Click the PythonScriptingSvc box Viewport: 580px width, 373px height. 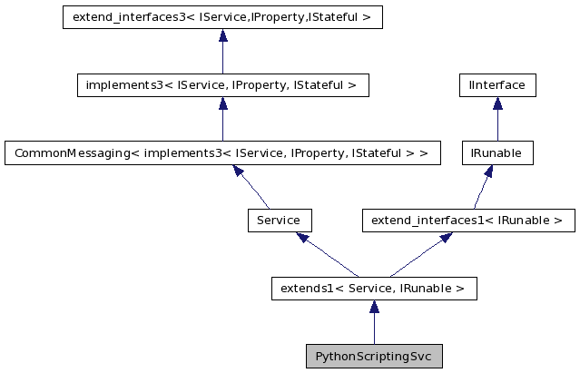tap(374, 356)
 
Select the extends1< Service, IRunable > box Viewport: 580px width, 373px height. tap(374, 289)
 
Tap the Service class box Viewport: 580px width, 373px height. tap(280, 220)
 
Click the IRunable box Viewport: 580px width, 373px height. tap(497, 152)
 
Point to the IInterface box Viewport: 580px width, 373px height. tap(497, 85)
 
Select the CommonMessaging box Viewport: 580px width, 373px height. tap(222, 152)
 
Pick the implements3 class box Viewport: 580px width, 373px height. tap(222, 85)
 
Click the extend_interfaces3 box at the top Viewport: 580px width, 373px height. tap(222, 17)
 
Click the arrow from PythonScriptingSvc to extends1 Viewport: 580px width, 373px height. tap(374, 322)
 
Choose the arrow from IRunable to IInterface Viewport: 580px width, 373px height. tap(497, 119)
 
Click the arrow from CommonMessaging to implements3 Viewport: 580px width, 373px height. tap(222, 119)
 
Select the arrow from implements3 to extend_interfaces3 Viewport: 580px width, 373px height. tap(222, 51)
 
